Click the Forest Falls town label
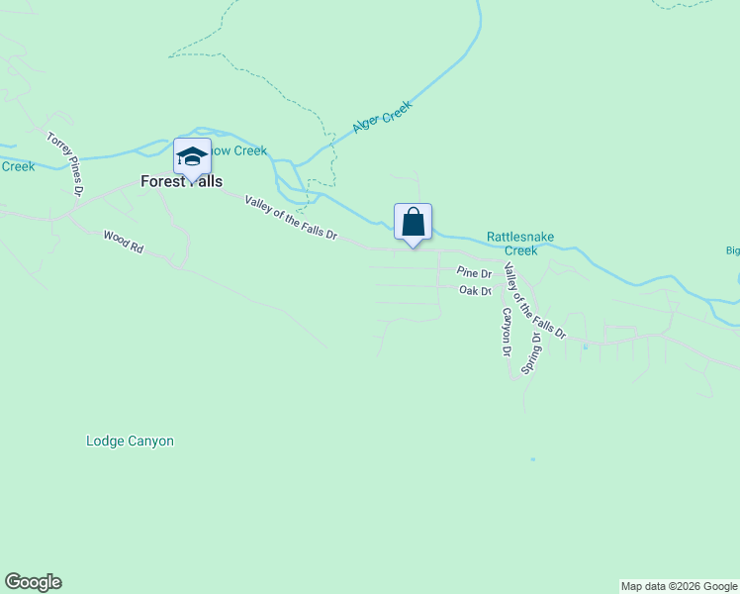click(x=181, y=182)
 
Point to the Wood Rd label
click(x=124, y=243)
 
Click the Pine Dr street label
click(x=474, y=273)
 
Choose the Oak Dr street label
click(x=476, y=291)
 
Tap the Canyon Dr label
click(x=505, y=331)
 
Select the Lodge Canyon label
click(x=130, y=442)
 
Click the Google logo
click(x=33, y=582)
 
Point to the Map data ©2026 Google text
click(x=679, y=586)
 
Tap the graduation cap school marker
click(x=192, y=156)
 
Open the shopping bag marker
click(x=413, y=223)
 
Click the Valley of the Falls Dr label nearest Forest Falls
click(x=291, y=217)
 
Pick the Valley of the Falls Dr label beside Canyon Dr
click(x=533, y=302)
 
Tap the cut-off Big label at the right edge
click(x=732, y=250)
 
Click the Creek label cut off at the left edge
click(x=17, y=166)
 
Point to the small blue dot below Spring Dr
click(x=532, y=459)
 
